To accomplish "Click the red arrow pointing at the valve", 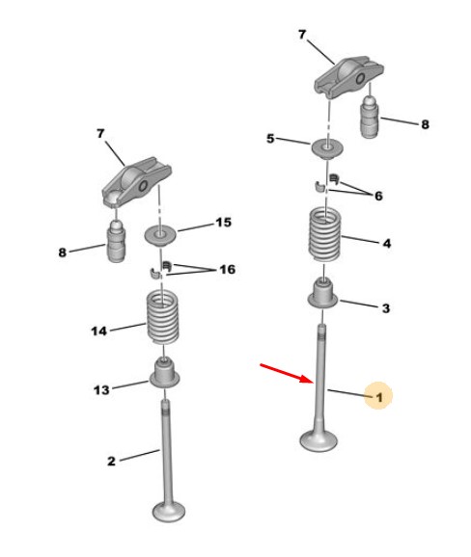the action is point(287,373).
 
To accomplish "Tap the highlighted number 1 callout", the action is point(378,395).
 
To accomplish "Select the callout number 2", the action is point(111,461).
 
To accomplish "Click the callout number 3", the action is point(386,308).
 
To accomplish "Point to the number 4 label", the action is point(387,244).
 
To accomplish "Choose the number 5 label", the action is point(270,139).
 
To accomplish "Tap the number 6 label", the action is point(378,196).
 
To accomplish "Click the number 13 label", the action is point(101,389).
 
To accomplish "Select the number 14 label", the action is point(98,332).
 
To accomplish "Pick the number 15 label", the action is point(223,223).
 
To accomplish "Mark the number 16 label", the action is point(228,270).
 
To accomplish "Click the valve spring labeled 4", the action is point(324,235).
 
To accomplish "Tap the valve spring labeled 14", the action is point(163,317).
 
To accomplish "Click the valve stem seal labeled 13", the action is point(164,374).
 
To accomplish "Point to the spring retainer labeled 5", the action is point(327,147).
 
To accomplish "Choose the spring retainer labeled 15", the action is point(161,235).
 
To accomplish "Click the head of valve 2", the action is point(169,511).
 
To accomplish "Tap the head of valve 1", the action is point(319,440).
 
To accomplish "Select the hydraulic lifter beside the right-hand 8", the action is point(371,118).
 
